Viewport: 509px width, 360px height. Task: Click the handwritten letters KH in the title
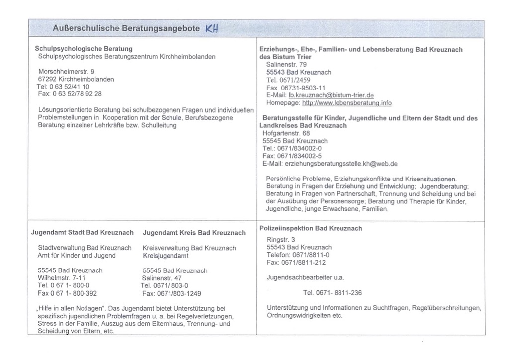(211, 29)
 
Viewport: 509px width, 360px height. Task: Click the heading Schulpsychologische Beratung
(84, 49)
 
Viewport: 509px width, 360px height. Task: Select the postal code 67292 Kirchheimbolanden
(76, 79)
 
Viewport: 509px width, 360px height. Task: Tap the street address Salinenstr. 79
(286, 65)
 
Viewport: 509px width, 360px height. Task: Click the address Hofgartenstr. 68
(286, 133)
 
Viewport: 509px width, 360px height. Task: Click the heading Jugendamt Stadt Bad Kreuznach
(83, 232)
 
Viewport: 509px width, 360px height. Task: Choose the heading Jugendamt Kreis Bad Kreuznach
(194, 232)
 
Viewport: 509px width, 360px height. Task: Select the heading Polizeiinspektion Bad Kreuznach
(311, 228)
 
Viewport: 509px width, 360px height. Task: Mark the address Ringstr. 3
(281, 240)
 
